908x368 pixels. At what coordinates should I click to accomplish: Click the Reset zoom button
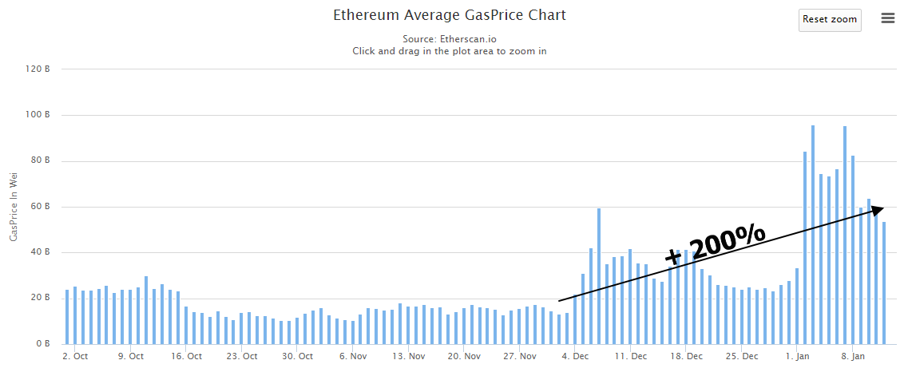(830, 19)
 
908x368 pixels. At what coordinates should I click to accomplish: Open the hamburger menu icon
(888, 18)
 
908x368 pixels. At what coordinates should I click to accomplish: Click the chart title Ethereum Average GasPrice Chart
(450, 15)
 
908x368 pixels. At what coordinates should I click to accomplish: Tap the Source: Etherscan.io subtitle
(450, 38)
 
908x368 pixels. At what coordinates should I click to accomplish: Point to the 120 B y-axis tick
(39, 69)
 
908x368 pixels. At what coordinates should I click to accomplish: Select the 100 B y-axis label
(39, 115)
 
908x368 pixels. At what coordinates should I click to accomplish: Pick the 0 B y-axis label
(43, 344)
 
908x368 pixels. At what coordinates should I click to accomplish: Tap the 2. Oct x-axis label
(75, 356)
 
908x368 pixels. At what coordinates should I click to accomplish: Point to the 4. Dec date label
(576, 356)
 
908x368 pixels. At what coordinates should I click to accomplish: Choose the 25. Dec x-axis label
(743, 356)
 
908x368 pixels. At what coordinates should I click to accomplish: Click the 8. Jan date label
(854, 356)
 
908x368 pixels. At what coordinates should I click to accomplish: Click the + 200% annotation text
(715, 242)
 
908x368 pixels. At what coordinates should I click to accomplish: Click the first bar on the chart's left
(67, 317)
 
